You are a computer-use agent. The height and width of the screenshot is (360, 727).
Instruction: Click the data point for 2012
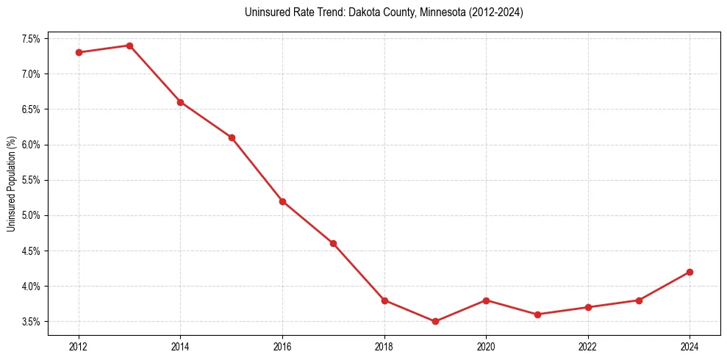click(79, 52)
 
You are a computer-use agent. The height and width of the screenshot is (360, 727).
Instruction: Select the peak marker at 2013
click(129, 46)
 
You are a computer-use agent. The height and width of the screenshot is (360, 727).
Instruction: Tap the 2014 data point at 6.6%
click(180, 102)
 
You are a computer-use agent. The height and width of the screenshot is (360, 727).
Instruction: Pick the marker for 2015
click(232, 137)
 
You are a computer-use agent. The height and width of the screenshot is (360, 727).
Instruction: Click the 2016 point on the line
click(282, 201)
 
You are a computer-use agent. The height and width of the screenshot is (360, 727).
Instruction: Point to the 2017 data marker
click(333, 243)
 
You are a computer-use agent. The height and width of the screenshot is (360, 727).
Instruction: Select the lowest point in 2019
click(435, 321)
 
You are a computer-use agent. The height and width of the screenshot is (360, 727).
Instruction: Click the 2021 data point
click(537, 314)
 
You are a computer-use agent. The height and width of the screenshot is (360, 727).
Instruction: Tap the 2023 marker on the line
click(639, 300)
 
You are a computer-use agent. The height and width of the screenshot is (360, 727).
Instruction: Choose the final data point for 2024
click(690, 272)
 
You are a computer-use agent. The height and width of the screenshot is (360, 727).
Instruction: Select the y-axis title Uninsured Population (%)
click(12, 183)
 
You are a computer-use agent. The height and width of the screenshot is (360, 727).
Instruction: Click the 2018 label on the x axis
click(384, 345)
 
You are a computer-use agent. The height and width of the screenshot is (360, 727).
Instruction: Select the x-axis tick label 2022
click(588, 345)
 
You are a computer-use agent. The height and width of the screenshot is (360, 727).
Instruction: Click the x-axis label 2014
click(180, 345)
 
